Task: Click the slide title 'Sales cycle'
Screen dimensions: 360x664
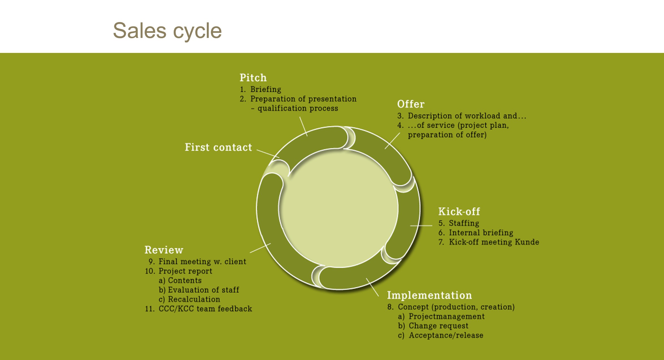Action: click(x=167, y=31)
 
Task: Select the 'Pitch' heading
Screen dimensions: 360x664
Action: click(x=253, y=78)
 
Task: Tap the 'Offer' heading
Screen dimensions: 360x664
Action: click(x=411, y=104)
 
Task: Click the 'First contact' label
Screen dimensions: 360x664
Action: click(x=218, y=147)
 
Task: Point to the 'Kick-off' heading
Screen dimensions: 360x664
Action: click(x=459, y=211)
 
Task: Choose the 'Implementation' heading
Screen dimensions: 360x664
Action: click(x=429, y=295)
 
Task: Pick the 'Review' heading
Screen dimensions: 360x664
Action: click(x=164, y=250)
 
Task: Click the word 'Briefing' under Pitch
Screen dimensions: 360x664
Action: click(x=266, y=89)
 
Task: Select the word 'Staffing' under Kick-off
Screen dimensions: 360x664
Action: click(x=464, y=223)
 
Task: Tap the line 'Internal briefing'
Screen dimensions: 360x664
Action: click(x=481, y=233)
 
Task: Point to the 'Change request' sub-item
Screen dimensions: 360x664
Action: click(x=438, y=326)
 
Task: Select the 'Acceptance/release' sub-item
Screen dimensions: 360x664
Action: click(x=446, y=335)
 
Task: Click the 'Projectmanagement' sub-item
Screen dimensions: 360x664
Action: click(x=446, y=316)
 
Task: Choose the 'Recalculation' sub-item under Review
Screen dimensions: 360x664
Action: click(x=194, y=299)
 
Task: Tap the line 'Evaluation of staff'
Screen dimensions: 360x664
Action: click(x=203, y=290)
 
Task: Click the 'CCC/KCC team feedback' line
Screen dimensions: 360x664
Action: click(x=205, y=309)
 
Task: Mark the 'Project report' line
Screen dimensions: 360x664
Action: click(x=185, y=271)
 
